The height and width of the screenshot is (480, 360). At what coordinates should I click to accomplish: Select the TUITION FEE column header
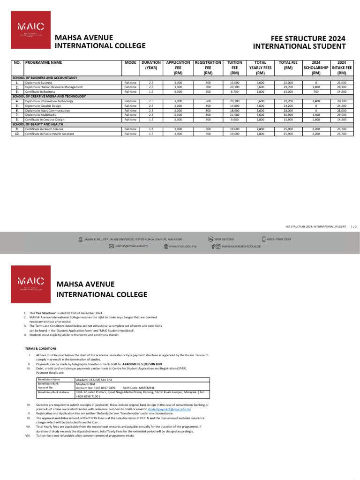click(x=235, y=67)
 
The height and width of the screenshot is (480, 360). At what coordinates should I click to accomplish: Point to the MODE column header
click(x=130, y=62)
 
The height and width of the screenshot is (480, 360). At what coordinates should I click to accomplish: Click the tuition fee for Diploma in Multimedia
click(x=235, y=114)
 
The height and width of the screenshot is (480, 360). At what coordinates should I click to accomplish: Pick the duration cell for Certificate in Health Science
click(x=150, y=129)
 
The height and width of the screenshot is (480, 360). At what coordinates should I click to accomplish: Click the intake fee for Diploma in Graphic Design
click(x=342, y=105)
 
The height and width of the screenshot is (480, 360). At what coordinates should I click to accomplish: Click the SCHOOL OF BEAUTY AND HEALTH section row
click(x=37, y=124)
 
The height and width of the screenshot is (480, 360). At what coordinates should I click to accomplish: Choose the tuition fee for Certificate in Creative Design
click(x=235, y=119)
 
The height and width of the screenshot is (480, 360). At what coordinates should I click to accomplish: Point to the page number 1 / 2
click(x=354, y=226)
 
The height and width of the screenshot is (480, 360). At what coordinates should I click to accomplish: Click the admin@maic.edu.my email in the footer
click(x=131, y=246)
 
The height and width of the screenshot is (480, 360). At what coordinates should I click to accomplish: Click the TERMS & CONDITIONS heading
click(x=41, y=349)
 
